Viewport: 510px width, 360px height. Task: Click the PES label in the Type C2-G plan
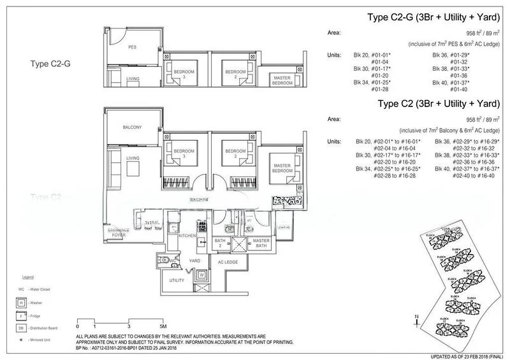(133, 47)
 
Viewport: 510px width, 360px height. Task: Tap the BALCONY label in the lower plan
(132, 127)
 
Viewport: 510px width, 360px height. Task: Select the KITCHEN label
(186, 236)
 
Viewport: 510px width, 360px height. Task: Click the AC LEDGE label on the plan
(227, 262)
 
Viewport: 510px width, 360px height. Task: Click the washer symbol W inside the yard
(202, 275)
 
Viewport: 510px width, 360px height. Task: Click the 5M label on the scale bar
(163, 326)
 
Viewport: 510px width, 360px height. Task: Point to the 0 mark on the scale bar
(77, 326)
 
